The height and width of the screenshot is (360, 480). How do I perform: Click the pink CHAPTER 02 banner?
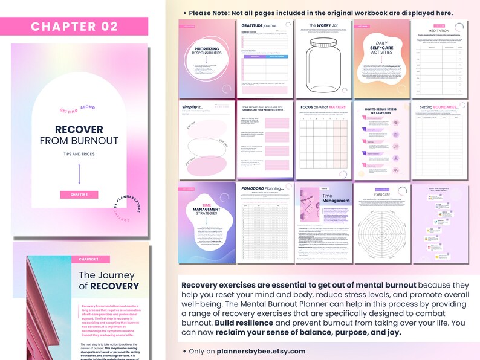(x=74, y=26)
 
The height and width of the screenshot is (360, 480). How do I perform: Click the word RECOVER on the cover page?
(x=79, y=130)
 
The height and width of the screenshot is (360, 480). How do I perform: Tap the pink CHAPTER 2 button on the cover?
(x=79, y=194)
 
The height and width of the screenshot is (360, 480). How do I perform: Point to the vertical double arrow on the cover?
(x=79, y=174)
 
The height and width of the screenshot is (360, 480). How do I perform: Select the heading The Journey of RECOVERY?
(x=109, y=281)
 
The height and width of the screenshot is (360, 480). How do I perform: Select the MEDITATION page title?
(x=439, y=30)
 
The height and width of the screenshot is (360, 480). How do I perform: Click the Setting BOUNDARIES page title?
(x=439, y=107)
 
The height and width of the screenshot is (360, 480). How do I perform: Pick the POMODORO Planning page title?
(x=265, y=188)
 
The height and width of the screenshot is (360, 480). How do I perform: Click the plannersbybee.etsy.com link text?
(x=261, y=351)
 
